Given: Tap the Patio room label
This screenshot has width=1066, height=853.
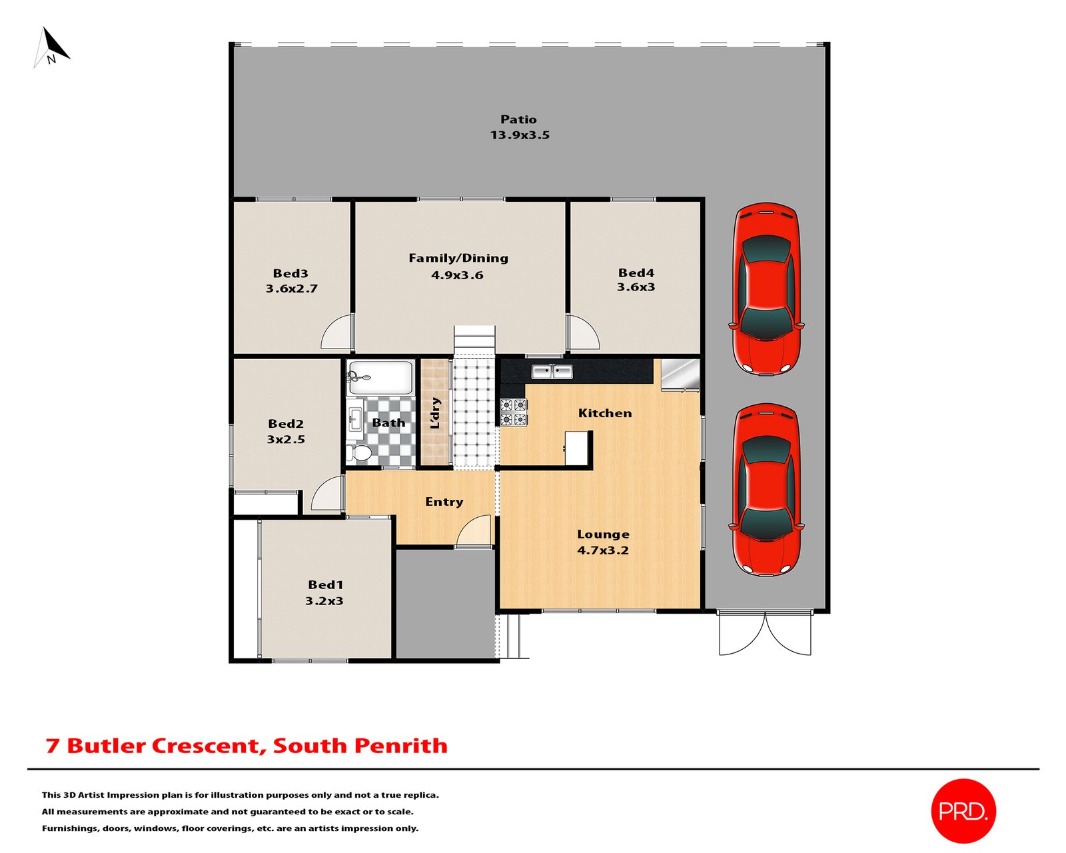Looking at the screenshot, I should pos(518,119).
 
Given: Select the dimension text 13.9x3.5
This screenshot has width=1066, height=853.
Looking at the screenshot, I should pos(520,135).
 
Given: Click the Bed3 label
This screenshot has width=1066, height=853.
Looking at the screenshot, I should pos(290,273).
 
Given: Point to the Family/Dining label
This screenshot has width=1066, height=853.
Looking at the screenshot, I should pos(458,258).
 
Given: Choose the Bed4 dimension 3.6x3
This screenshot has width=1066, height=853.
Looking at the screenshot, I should pos(636,287).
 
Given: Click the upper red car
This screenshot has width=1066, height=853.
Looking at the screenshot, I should pos(766,288).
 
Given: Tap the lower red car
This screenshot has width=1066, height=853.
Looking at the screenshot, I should pos(766,489).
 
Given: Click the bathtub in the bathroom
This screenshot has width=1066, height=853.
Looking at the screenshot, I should pos(380,378).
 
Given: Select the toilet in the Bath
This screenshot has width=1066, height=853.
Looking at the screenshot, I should pos(360,453).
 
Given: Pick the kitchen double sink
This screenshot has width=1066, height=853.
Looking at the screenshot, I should pos(552,371).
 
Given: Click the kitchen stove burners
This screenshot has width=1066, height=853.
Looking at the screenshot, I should pos(513,412).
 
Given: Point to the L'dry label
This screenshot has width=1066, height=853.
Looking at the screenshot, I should pos(436,413).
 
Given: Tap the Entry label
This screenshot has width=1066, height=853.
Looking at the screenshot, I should pos(444,502).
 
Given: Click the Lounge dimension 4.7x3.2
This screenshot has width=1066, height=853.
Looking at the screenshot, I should pos(603,550).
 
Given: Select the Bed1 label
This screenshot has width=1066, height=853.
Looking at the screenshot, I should pos(325,584).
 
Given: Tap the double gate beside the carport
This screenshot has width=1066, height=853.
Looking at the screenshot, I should pos(765,633).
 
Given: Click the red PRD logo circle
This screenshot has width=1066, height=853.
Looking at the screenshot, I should pos(963,810).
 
